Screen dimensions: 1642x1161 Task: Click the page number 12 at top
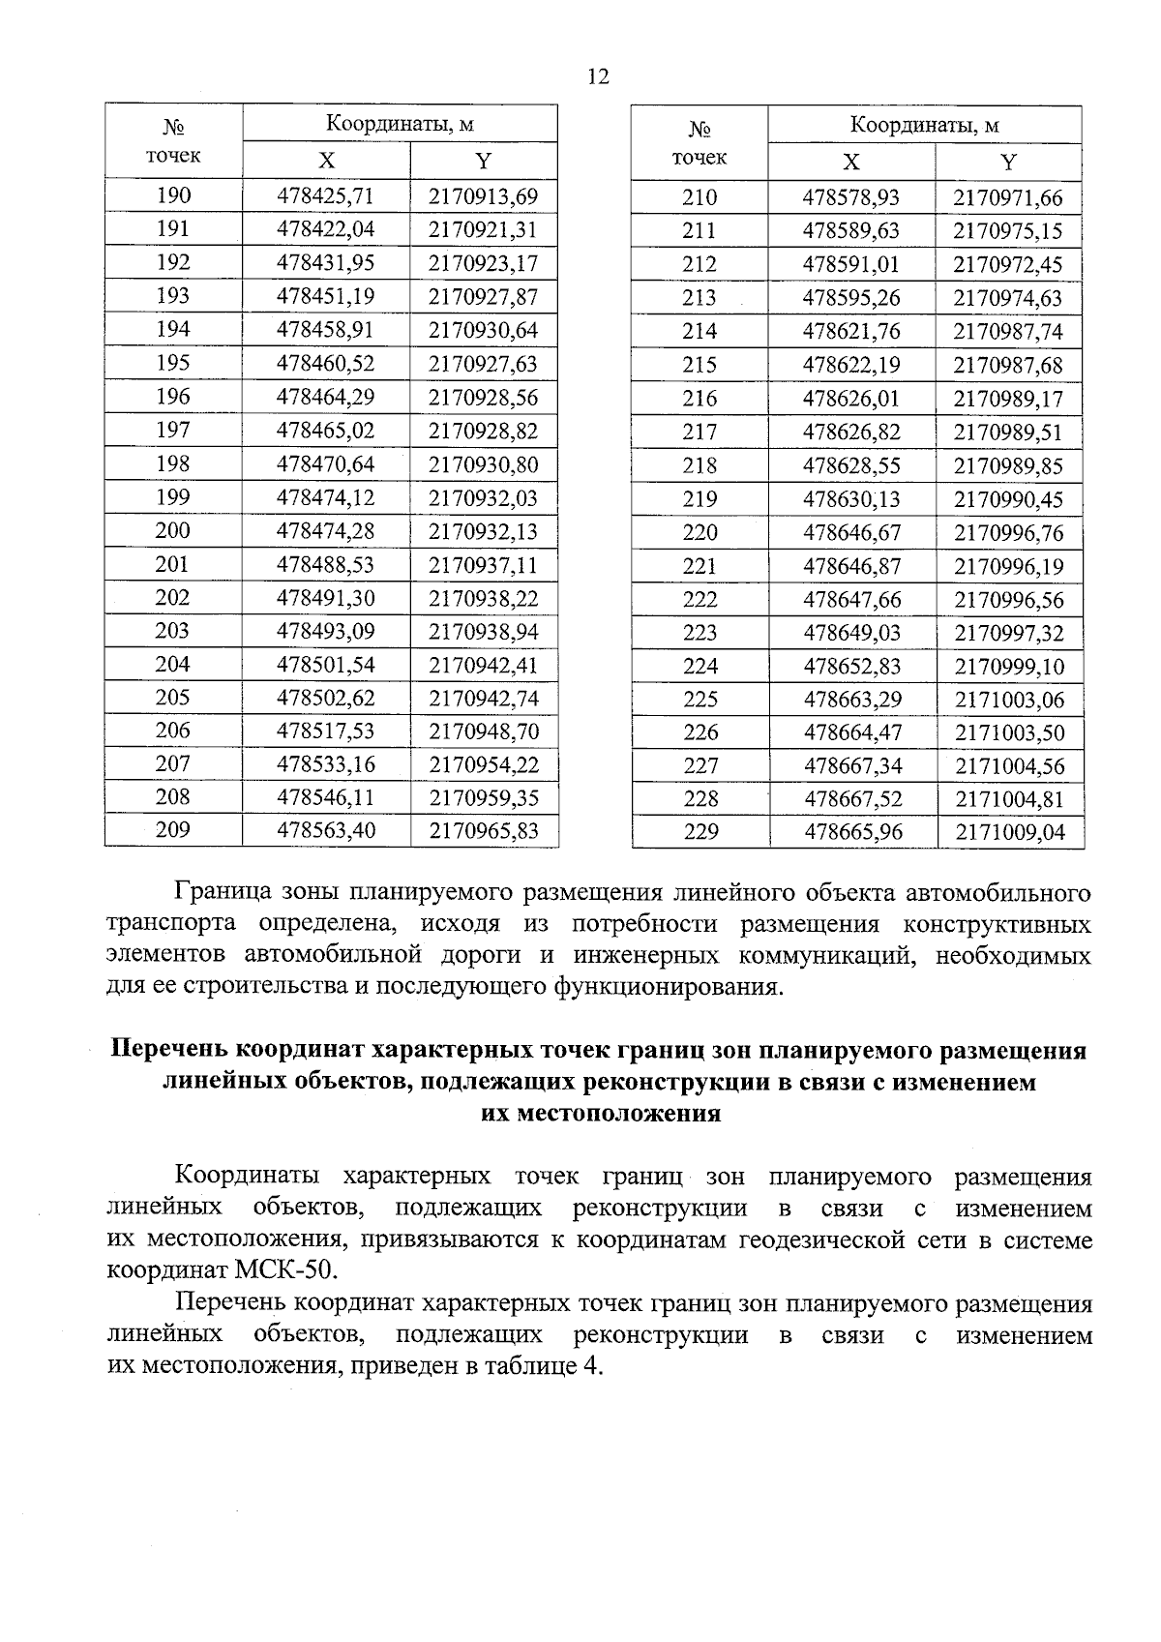598,77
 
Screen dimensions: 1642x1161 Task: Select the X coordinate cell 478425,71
325,196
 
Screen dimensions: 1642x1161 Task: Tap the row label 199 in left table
173,497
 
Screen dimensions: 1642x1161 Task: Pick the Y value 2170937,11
483,565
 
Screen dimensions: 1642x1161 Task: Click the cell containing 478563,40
325,830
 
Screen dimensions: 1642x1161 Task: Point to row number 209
173,829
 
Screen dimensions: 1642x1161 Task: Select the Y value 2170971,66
1008,198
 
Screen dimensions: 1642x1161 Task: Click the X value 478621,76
851,332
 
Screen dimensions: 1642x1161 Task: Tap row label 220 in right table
700,532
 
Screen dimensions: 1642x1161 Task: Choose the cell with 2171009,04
1009,832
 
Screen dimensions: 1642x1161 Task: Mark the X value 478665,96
851,832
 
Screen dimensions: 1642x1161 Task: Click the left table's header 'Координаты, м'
399,124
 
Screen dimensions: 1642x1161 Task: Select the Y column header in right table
1008,162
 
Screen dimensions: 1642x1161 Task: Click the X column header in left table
326,161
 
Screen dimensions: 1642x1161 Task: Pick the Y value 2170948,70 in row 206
483,731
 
